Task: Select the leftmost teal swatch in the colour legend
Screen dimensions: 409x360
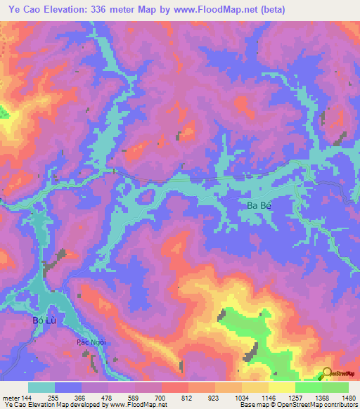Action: point(41,387)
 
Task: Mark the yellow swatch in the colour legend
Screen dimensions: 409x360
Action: point(281,387)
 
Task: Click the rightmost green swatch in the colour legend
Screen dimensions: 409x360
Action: point(335,387)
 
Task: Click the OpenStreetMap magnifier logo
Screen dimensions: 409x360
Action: point(326,374)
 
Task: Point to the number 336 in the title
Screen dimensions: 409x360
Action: point(128,10)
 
